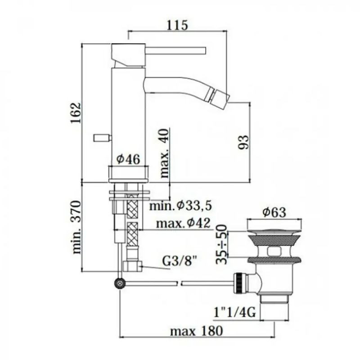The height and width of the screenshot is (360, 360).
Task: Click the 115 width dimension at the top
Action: click(177, 25)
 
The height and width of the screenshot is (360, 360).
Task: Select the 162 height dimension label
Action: click(76, 113)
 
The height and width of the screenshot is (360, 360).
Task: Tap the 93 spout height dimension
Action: click(243, 142)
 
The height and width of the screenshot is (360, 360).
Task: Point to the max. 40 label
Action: click(164, 153)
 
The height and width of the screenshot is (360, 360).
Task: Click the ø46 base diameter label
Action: click(128, 159)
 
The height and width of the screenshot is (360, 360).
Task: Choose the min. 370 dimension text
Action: click(76, 227)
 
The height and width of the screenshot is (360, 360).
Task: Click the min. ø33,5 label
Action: click(180, 206)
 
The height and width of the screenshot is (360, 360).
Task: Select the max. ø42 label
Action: click(183, 223)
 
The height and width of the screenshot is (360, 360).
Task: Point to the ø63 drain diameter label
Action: click(274, 212)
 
